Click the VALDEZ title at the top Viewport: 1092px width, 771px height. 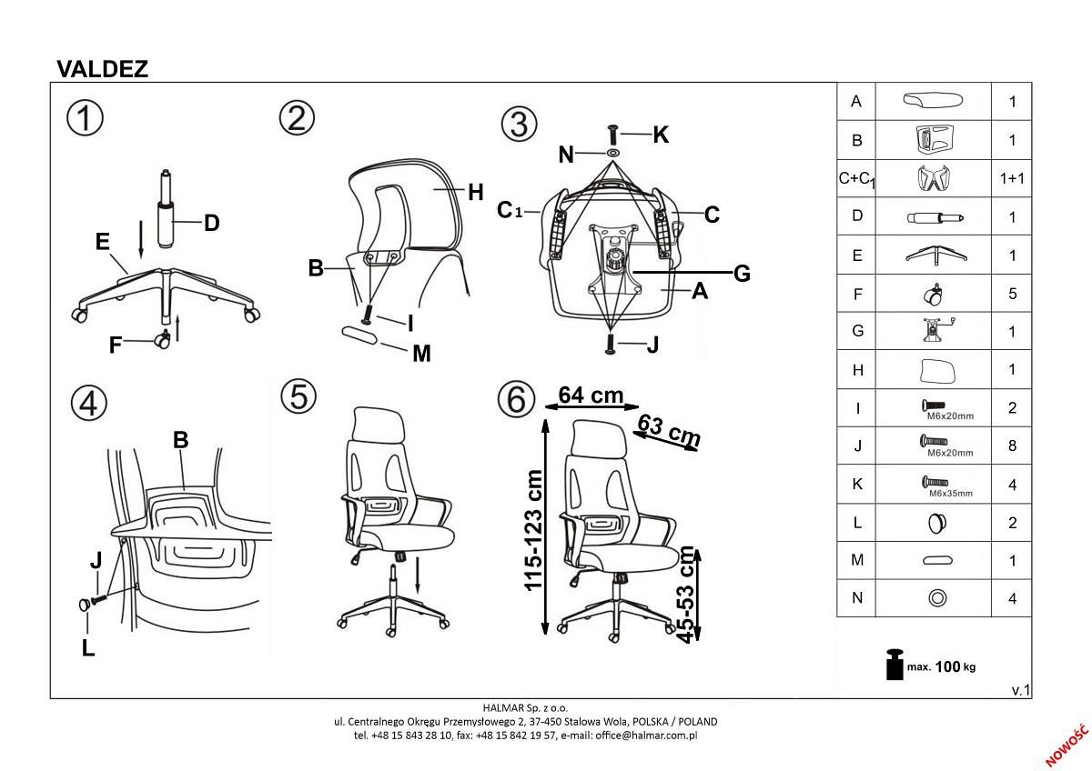point(102,69)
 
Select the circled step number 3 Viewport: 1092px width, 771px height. point(520,124)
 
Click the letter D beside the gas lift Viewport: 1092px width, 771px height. point(211,223)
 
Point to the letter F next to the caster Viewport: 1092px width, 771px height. point(116,345)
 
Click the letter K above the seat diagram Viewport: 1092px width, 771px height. point(661,135)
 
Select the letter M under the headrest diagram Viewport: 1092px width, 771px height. point(421,354)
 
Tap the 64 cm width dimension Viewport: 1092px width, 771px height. point(591,395)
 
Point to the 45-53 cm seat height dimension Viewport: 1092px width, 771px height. point(687,595)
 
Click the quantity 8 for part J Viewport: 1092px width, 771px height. point(1012,446)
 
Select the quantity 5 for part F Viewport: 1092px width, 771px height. point(1012,294)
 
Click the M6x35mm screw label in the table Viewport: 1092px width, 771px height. point(950,493)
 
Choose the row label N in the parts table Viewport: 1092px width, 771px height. point(855,598)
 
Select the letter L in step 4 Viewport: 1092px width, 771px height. point(87,649)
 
